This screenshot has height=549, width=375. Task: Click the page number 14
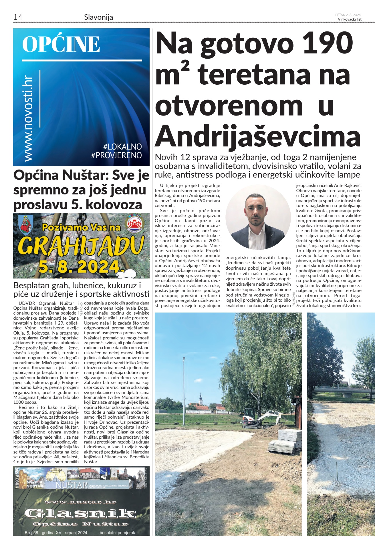(18, 17)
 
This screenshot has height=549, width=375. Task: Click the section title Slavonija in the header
(98, 17)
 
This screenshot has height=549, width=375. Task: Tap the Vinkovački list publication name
(350, 19)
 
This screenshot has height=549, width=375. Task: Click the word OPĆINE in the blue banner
(61, 44)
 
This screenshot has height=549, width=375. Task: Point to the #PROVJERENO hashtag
(116, 155)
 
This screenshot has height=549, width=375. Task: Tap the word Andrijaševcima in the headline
(257, 136)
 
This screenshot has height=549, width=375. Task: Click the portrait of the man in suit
(258, 217)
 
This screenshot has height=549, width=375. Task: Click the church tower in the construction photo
(201, 399)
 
